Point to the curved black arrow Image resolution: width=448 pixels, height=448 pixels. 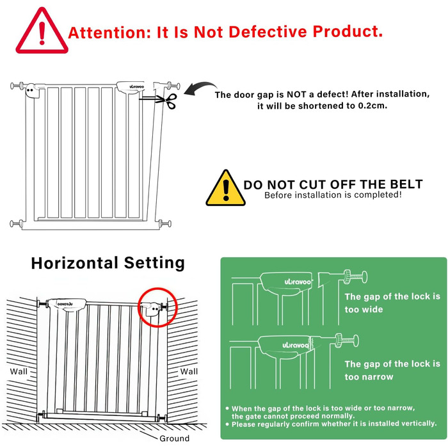[200, 86]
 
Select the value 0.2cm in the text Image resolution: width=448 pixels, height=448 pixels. [372, 106]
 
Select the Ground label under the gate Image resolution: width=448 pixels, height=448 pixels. [174, 438]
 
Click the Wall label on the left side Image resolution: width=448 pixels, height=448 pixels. [19, 371]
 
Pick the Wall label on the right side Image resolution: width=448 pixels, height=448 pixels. [189, 371]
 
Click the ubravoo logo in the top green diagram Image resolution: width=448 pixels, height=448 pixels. [298, 282]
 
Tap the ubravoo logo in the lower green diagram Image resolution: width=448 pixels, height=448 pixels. [296, 345]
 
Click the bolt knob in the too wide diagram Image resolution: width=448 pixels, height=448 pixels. [355, 276]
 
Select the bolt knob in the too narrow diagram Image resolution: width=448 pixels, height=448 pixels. [347, 340]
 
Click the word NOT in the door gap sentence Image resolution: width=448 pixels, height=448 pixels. [296, 94]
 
